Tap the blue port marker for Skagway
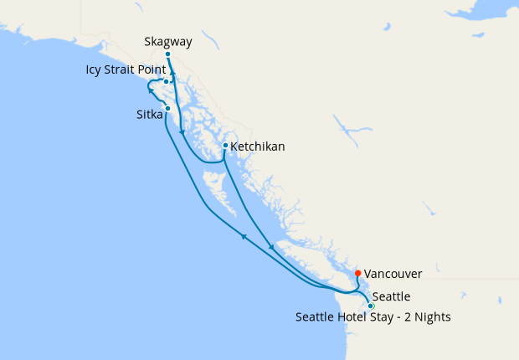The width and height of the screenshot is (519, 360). (x=168, y=54)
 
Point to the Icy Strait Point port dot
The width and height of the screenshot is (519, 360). (x=167, y=81)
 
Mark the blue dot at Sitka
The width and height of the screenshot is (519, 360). (x=168, y=109)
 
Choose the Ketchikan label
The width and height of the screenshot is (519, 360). (x=258, y=147)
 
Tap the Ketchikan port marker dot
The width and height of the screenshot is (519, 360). (x=225, y=146)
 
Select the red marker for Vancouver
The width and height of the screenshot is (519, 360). (x=358, y=273)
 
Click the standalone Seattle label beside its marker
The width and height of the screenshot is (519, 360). (x=392, y=296)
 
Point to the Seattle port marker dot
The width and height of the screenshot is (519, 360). (x=371, y=306)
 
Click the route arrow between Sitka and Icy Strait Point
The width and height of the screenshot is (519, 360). (x=152, y=91)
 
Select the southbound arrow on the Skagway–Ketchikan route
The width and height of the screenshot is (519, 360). (x=182, y=133)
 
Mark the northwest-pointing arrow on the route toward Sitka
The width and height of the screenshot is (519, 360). (x=244, y=237)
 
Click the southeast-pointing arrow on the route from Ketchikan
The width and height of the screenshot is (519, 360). (x=270, y=247)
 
